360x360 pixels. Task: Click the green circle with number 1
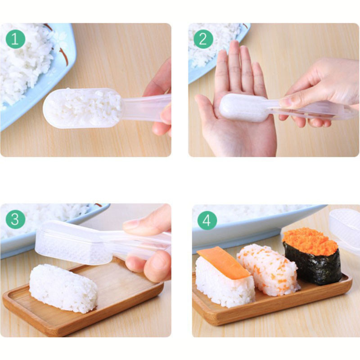[x=15, y=40]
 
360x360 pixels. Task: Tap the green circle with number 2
[x=203, y=40]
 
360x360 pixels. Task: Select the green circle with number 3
[x=15, y=220]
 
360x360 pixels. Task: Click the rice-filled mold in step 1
[x=83, y=108]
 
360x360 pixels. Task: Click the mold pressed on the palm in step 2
[x=243, y=108]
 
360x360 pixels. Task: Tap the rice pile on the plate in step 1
[x=25, y=58]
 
